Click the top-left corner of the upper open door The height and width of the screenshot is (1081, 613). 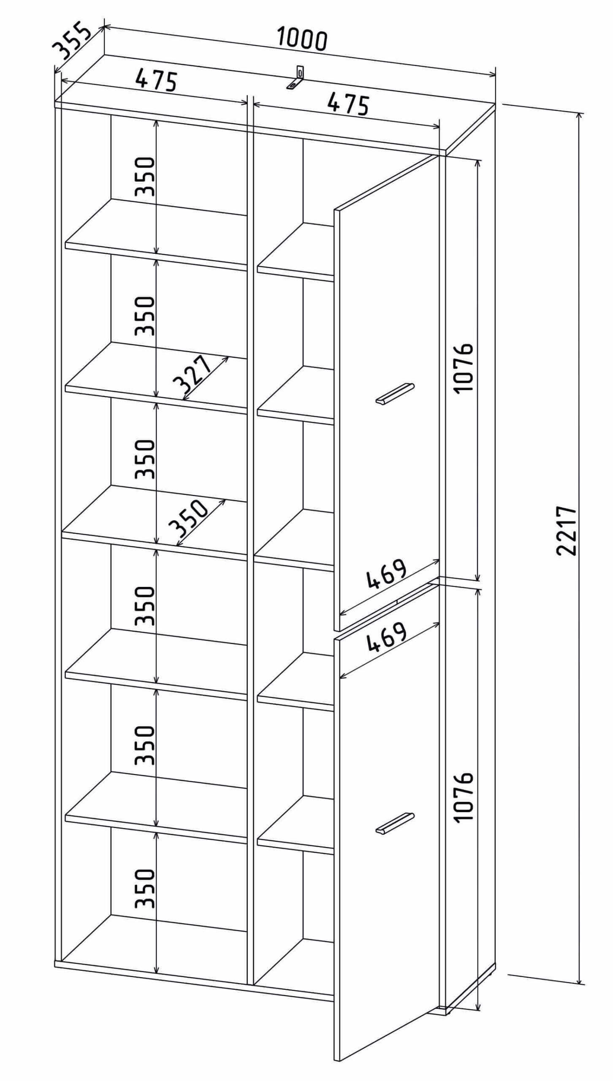[x=334, y=209]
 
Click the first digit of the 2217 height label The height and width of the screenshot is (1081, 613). [x=567, y=549]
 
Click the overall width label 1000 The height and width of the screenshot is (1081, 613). [x=302, y=39]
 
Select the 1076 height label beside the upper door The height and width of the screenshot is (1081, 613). [x=464, y=367]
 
